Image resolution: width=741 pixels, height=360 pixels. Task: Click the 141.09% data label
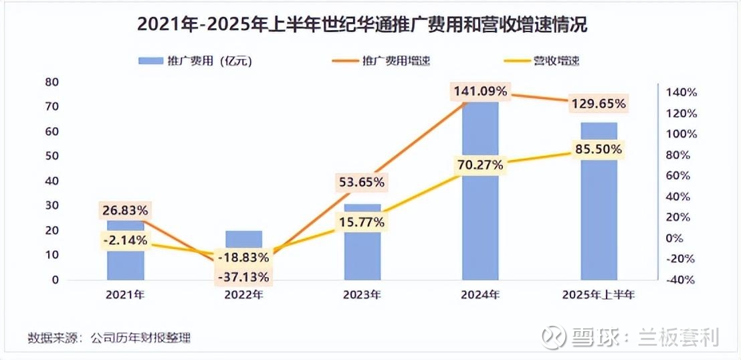[x=480, y=91]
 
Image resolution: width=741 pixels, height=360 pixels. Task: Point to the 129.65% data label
[x=599, y=104]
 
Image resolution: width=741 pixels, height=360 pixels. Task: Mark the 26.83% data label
[x=125, y=211]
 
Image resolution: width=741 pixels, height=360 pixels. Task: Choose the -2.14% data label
[x=125, y=240]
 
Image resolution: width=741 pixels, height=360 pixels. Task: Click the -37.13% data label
[x=243, y=276]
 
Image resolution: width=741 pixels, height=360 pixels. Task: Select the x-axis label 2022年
[x=243, y=294]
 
